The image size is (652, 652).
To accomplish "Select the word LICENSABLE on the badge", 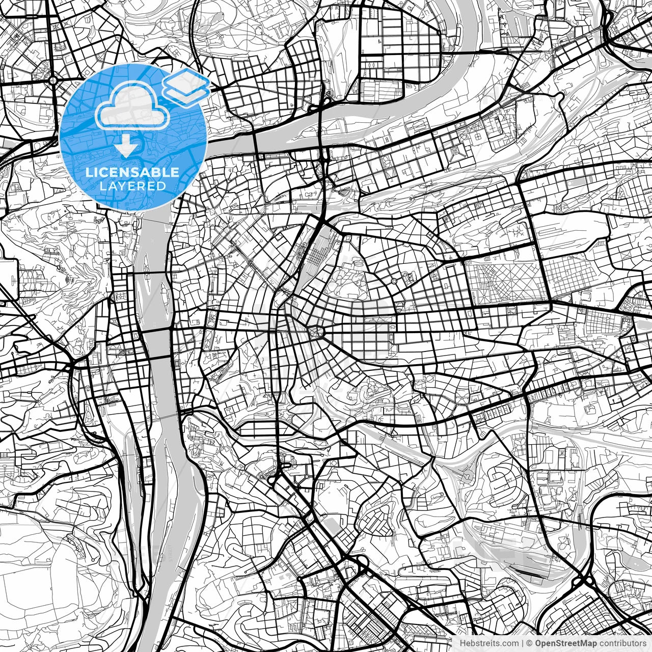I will pyautogui.click(x=132, y=172).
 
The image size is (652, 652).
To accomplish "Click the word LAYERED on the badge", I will pyautogui.click(x=132, y=186).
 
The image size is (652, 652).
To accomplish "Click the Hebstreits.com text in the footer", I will pyautogui.click(x=489, y=643).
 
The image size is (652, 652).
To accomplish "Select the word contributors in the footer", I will pyautogui.click(x=623, y=643).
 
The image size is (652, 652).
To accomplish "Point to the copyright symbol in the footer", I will pyautogui.click(x=529, y=643).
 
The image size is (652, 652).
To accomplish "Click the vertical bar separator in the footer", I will pyautogui.click(x=523, y=643).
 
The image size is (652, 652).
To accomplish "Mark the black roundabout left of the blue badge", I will pyautogui.click(x=53, y=80).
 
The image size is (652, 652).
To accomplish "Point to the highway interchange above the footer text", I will pyautogui.click(x=586, y=581).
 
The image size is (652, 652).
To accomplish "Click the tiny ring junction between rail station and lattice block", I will pyautogui.click(x=394, y=281).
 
